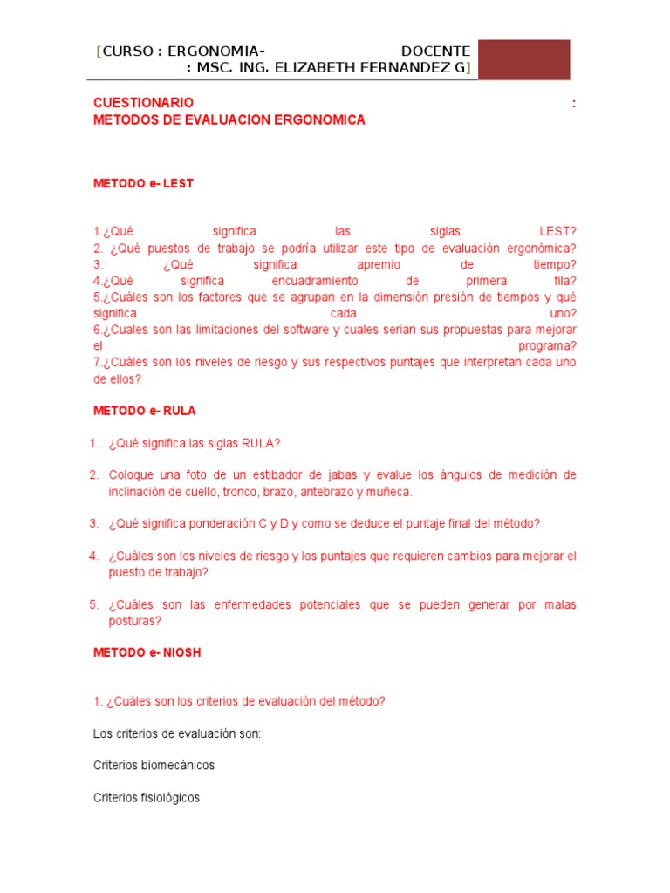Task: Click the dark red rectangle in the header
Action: [x=523, y=59]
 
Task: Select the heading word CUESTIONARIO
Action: [x=143, y=103]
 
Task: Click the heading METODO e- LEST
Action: [x=143, y=184]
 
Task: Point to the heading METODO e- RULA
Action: [x=145, y=411]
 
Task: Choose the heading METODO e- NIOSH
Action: [x=147, y=652]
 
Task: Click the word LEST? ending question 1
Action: [x=557, y=231]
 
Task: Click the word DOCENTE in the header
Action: [x=435, y=51]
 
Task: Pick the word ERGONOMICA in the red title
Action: [x=323, y=120]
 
